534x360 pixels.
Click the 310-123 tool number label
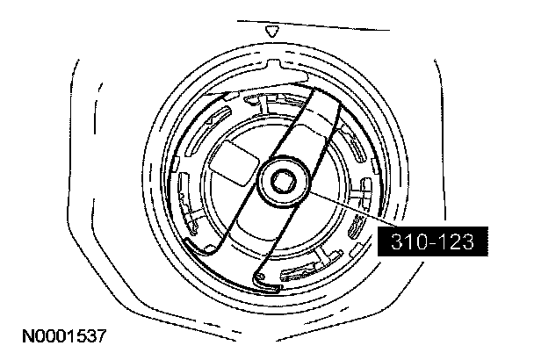432,241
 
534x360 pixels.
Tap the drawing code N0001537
64,335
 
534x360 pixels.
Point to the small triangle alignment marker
271,32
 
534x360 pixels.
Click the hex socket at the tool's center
283,181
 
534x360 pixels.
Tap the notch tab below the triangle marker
273,65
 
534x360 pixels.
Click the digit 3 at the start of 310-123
398,241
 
